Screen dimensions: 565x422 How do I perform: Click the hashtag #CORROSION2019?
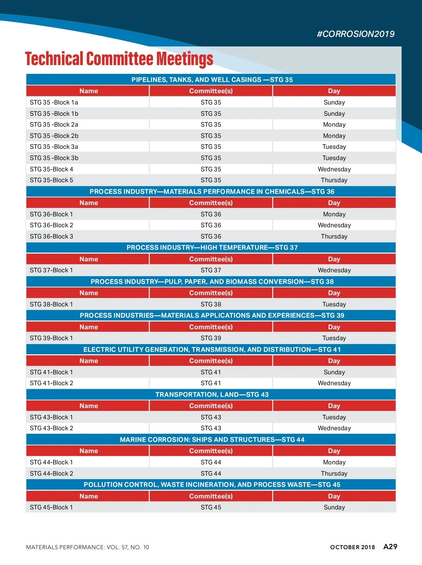click(356, 34)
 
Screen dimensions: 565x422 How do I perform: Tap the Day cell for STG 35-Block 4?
click(334, 169)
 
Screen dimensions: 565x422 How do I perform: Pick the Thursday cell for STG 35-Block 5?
click(334, 180)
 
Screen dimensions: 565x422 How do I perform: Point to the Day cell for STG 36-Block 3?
click(334, 236)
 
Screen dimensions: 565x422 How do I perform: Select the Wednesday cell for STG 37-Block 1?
click(334, 270)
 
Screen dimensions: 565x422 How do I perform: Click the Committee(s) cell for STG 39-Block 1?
click(211, 338)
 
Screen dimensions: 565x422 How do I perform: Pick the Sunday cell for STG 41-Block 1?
click(334, 372)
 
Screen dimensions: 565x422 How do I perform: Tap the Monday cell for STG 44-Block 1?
click(334, 462)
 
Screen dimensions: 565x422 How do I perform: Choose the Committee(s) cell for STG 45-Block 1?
click(211, 507)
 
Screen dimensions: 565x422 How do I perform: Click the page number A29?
click(390, 547)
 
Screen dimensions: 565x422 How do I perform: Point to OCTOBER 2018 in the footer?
click(352, 547)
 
